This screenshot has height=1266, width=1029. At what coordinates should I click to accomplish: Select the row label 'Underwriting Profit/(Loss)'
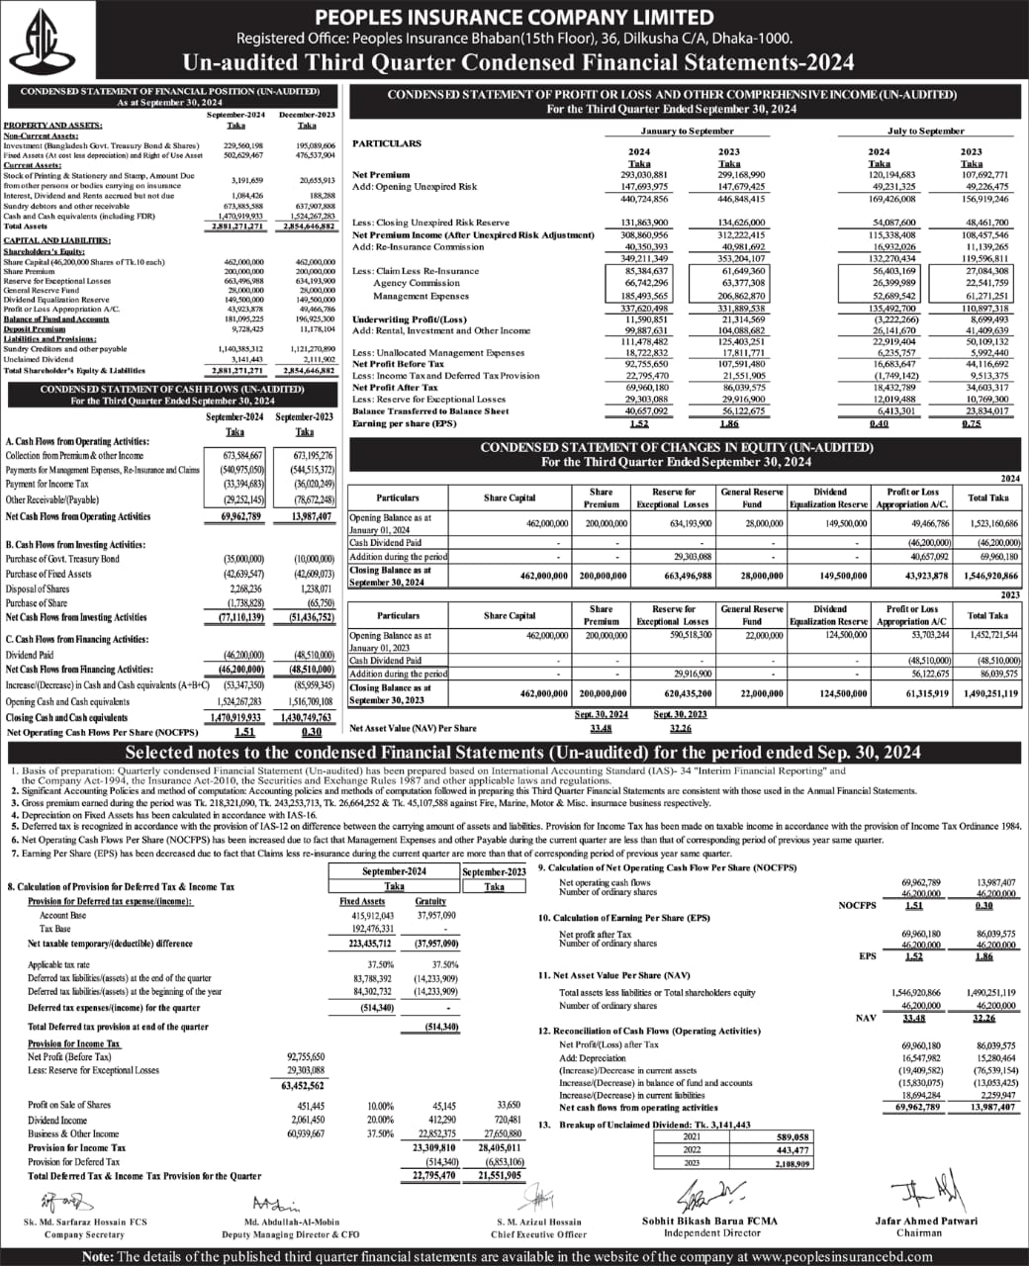click(x=409, y=319)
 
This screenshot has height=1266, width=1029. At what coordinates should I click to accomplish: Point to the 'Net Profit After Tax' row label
click(x=395, y=388)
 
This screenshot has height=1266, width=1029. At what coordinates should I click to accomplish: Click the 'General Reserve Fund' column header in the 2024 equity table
click(x=752, y=497)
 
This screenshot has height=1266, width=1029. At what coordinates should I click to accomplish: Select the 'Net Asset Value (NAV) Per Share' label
click(x=413, y=728)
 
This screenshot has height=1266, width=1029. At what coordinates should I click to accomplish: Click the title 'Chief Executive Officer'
click(x=538, y=1234)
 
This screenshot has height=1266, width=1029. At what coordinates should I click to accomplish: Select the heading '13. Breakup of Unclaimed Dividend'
click(x=644, y=1125)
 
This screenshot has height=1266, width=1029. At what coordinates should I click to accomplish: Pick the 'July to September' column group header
click(x=925, y=131)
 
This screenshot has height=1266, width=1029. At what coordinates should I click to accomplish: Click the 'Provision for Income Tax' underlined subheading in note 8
click(x=74, y=1043)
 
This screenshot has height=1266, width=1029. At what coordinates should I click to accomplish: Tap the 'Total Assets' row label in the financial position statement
click(x=26, y=226)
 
